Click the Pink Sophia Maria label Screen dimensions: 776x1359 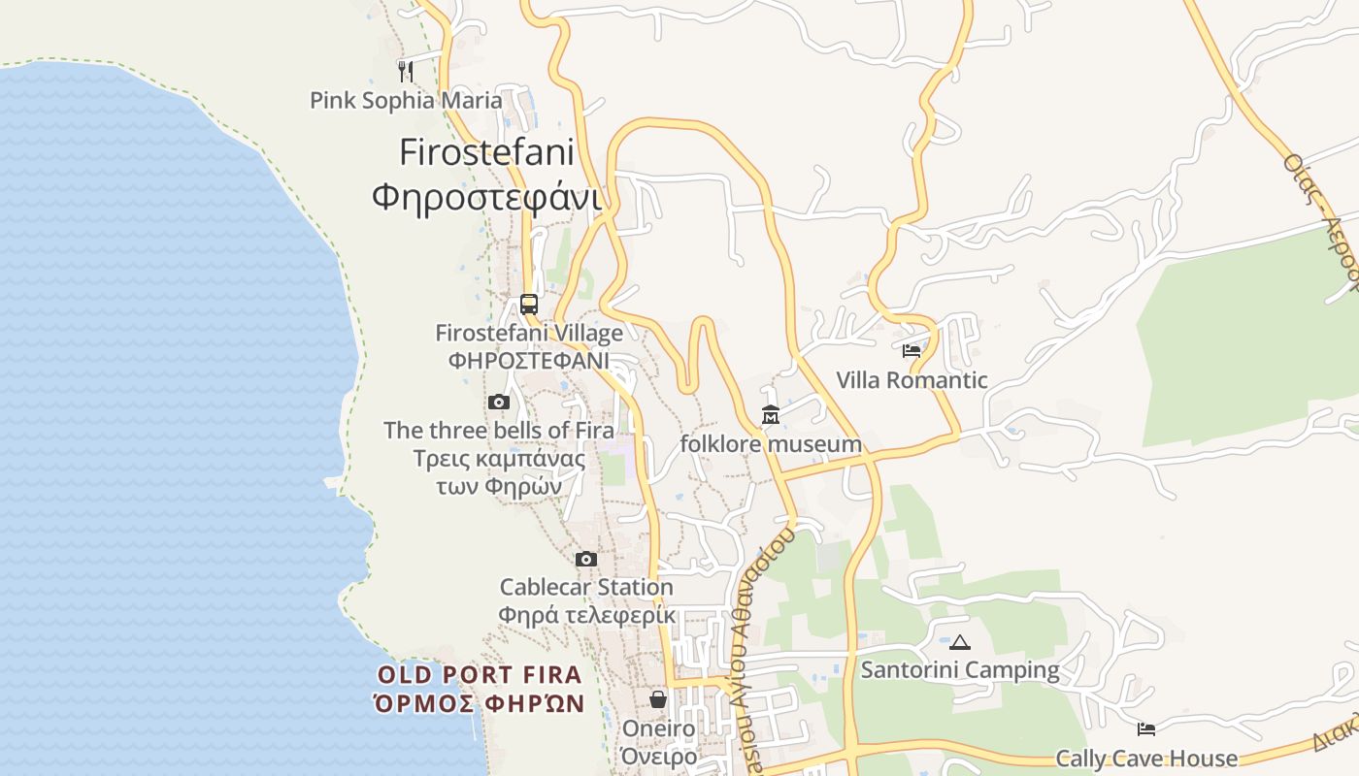[406, 100]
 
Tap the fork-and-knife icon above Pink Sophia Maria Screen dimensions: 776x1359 [406, 71]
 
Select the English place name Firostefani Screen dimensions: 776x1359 [486, 152]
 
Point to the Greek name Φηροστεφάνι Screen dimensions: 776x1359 [486, 197]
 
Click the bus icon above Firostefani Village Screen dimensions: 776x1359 [529, 305]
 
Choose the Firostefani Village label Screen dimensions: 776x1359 [529, 334]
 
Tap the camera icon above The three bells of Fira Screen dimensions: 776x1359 [499, 402]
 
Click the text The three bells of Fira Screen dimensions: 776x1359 [499, 430]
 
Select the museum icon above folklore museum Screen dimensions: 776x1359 [771, 415]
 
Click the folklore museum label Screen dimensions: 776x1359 [771, 444]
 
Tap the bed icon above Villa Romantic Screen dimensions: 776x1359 [912, 351]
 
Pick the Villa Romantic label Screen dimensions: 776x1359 [912, 380]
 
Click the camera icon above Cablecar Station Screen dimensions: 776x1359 [586, 559]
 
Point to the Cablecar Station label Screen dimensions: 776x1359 [586, 587]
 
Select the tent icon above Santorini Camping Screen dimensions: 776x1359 [960, 642]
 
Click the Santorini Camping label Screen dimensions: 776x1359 [960, 670]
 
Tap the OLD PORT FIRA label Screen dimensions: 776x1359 [480, 675]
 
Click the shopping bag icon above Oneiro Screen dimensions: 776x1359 [658, 699]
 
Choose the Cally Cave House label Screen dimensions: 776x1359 [1146, 759]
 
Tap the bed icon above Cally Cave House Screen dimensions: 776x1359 [1146, 728]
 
